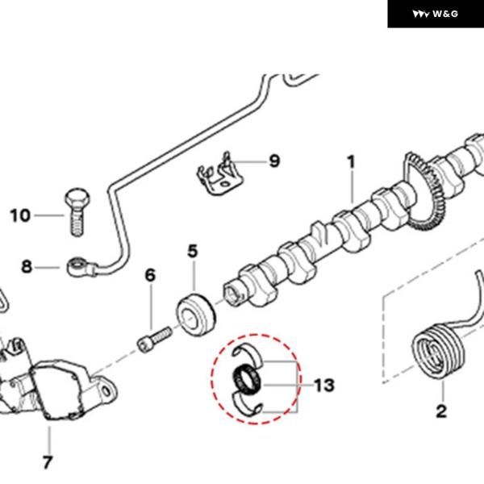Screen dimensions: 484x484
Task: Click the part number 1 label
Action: tap(352, 162)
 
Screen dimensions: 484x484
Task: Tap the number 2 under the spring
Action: tap(441, 411)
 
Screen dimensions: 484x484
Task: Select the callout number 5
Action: tap(192, 252)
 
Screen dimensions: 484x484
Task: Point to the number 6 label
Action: tap(150, 276)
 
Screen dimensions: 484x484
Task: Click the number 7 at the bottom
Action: tap(48, 462)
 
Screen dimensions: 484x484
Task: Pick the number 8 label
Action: tap(27, 266)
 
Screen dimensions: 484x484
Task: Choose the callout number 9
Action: tap(274, 161)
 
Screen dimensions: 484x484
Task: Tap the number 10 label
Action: tap(20, 215)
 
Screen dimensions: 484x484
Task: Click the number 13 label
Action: tap(323, 385)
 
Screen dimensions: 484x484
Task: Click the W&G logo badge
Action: tap(436, 14)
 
